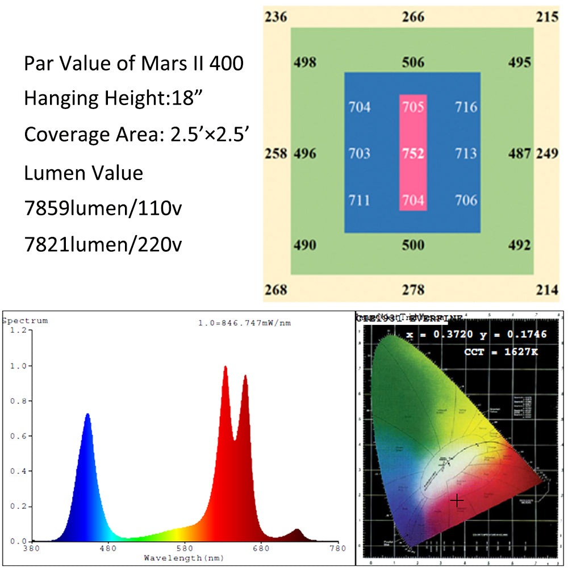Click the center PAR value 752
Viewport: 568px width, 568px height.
(413, 154)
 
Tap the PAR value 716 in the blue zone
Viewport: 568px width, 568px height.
(466, 107)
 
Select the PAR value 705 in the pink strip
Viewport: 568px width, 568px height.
(413, 107)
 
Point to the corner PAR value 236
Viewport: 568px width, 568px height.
(277, 16)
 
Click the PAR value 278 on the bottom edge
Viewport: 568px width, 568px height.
(413, 290)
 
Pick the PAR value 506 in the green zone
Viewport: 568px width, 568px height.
(413, 62)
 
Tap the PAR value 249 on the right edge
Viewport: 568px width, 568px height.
(548, 153)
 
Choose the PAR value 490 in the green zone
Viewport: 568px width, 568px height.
(305, 245)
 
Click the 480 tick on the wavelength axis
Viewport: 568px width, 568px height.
(107, 549)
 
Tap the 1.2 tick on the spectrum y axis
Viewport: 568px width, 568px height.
(16, 330)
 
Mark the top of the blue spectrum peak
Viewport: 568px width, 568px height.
(87, 414)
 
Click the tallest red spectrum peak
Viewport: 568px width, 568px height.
(225, 367)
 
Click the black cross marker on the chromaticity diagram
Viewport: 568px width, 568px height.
(457, 500)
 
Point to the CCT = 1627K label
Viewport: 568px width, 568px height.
(501, 352)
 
